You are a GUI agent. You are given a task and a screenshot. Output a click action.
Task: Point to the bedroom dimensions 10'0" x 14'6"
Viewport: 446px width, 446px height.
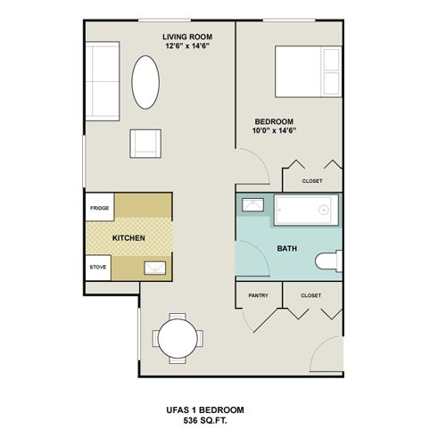[x=274, y=131]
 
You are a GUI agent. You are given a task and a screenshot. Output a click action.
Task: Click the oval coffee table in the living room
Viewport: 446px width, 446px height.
[x=146, y=82]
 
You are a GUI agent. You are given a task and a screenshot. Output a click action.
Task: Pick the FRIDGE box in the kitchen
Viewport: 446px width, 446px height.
[x=98, y=209]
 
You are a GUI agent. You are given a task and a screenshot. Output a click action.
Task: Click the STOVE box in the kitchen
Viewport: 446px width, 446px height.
[x=98, y=266]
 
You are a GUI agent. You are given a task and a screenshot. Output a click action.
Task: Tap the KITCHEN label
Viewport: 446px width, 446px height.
[x=128, y=238]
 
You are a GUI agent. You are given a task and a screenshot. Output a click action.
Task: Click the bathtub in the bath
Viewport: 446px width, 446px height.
[x=303, y=211]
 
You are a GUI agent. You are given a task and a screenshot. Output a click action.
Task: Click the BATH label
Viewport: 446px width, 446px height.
[x=286, y=249]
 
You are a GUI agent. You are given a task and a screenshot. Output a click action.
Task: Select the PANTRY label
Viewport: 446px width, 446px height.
[x=259, y=293]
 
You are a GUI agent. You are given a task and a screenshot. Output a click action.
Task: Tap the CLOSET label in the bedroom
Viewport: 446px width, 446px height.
[x=312, y=180]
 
